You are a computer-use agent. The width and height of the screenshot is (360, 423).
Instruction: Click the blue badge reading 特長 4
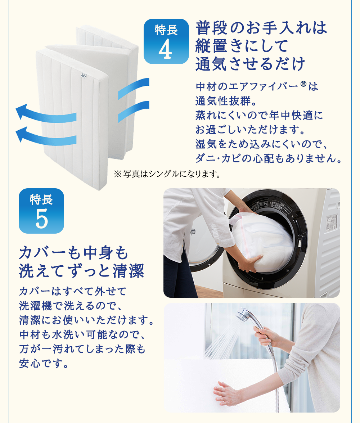coord(166,41)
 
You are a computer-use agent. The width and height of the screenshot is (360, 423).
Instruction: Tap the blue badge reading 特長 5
coord(41,211)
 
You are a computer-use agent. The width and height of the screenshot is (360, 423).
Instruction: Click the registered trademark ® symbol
coord(303,84)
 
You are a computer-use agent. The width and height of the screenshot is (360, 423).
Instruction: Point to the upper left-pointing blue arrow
coord(46,113)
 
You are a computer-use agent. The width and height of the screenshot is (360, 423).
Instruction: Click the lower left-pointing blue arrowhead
coord(22,134)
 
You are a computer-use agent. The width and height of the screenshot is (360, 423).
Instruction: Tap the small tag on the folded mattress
coord(83,76)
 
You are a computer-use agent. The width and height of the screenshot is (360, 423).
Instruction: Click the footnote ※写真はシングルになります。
coord(167,174)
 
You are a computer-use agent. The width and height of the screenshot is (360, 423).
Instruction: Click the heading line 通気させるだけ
coord(250,64)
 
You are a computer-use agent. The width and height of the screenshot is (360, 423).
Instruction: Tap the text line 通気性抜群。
coord(226,101)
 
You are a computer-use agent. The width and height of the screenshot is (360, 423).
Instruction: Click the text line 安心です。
coord(44,363)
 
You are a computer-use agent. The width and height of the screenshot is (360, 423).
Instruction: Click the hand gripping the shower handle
coord(263,335)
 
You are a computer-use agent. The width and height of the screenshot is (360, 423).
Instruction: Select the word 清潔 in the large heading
coord(129,271)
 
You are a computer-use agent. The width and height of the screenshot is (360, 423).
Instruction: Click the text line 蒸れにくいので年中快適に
coord(259,116)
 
